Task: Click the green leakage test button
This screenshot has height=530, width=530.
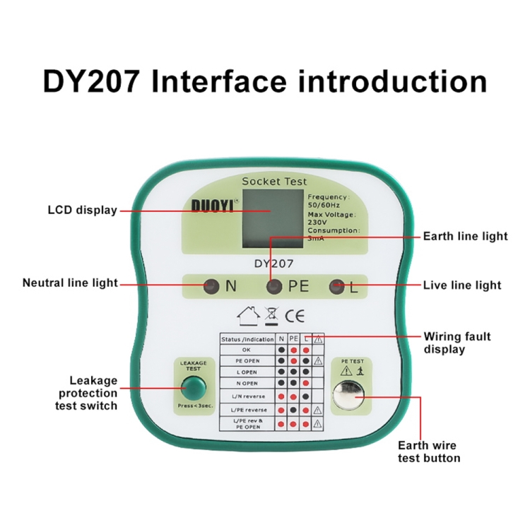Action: [192, 387]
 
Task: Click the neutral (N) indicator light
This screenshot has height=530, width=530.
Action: [210, 286]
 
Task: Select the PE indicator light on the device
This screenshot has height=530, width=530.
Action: [273, 286]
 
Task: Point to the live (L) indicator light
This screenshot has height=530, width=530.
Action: [338, 286]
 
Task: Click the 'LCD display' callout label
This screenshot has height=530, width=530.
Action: [82, 210]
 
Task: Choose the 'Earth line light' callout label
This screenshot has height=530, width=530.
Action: [465, 236]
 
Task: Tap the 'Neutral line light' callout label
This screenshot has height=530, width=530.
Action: [70, 283]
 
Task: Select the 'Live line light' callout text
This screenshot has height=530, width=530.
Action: [462, 285]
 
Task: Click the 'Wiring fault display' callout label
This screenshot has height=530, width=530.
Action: [457, 343]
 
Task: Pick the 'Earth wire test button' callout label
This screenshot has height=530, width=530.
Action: [429, 452]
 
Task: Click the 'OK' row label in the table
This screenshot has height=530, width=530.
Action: [245, 350]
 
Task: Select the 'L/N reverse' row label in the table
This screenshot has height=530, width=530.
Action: [245, 396]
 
